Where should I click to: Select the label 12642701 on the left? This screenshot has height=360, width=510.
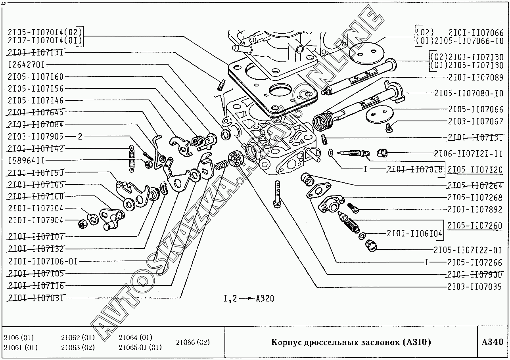click(26, 65)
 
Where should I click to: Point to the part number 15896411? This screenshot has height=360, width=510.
click(26, 160)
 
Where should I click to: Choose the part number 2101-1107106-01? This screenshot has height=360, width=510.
click(42, 261)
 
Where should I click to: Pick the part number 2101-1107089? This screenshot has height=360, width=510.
click(476, 77)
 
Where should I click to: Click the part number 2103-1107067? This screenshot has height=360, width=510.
click(476, 121)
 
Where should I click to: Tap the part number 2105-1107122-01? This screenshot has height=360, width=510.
click(468, 250)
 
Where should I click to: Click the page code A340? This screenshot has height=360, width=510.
click(493, 342)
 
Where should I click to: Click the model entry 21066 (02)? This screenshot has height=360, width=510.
click(193, 342)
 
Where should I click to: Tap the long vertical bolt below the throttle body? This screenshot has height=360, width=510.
click(277, 193)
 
